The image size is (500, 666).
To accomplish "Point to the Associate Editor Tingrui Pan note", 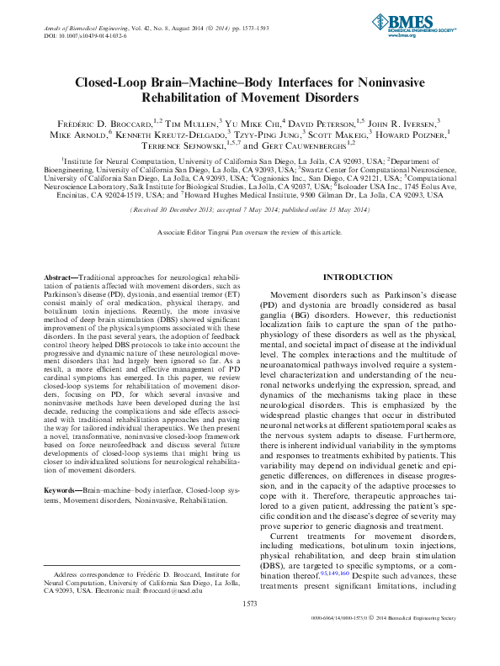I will pos(249,230).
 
